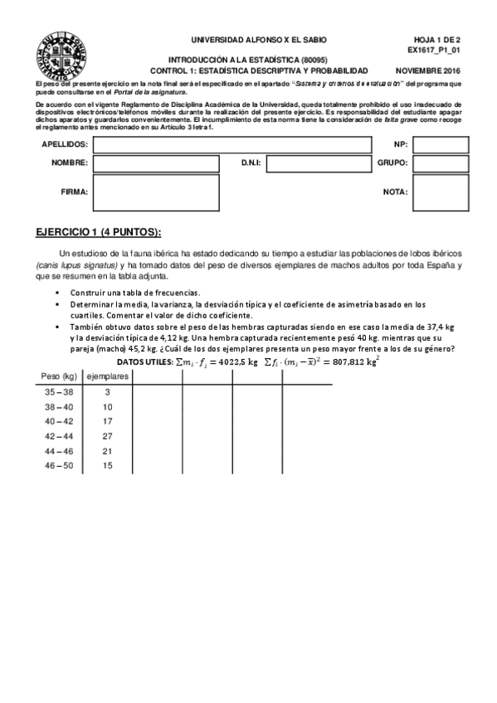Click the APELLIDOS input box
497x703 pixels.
click(x=231, y=145)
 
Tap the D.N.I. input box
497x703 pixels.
click(x=318, y=163)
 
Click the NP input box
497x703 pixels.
click(x=441, y=145)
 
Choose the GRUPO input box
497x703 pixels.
click(x=441, y=163)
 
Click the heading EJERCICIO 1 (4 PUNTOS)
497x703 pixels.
click(x=99, y=231)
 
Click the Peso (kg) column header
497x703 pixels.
click(x=59, y=376)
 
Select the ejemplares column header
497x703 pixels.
click(x=108, y=376)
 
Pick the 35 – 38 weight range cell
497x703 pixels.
click(x=59, y=392)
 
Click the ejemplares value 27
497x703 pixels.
click(x=108, y=436)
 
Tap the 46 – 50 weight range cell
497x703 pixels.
click(x=59, y=466)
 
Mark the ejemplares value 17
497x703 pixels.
click(x=108, y=421)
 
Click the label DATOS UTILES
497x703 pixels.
click(x=143, y=362)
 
